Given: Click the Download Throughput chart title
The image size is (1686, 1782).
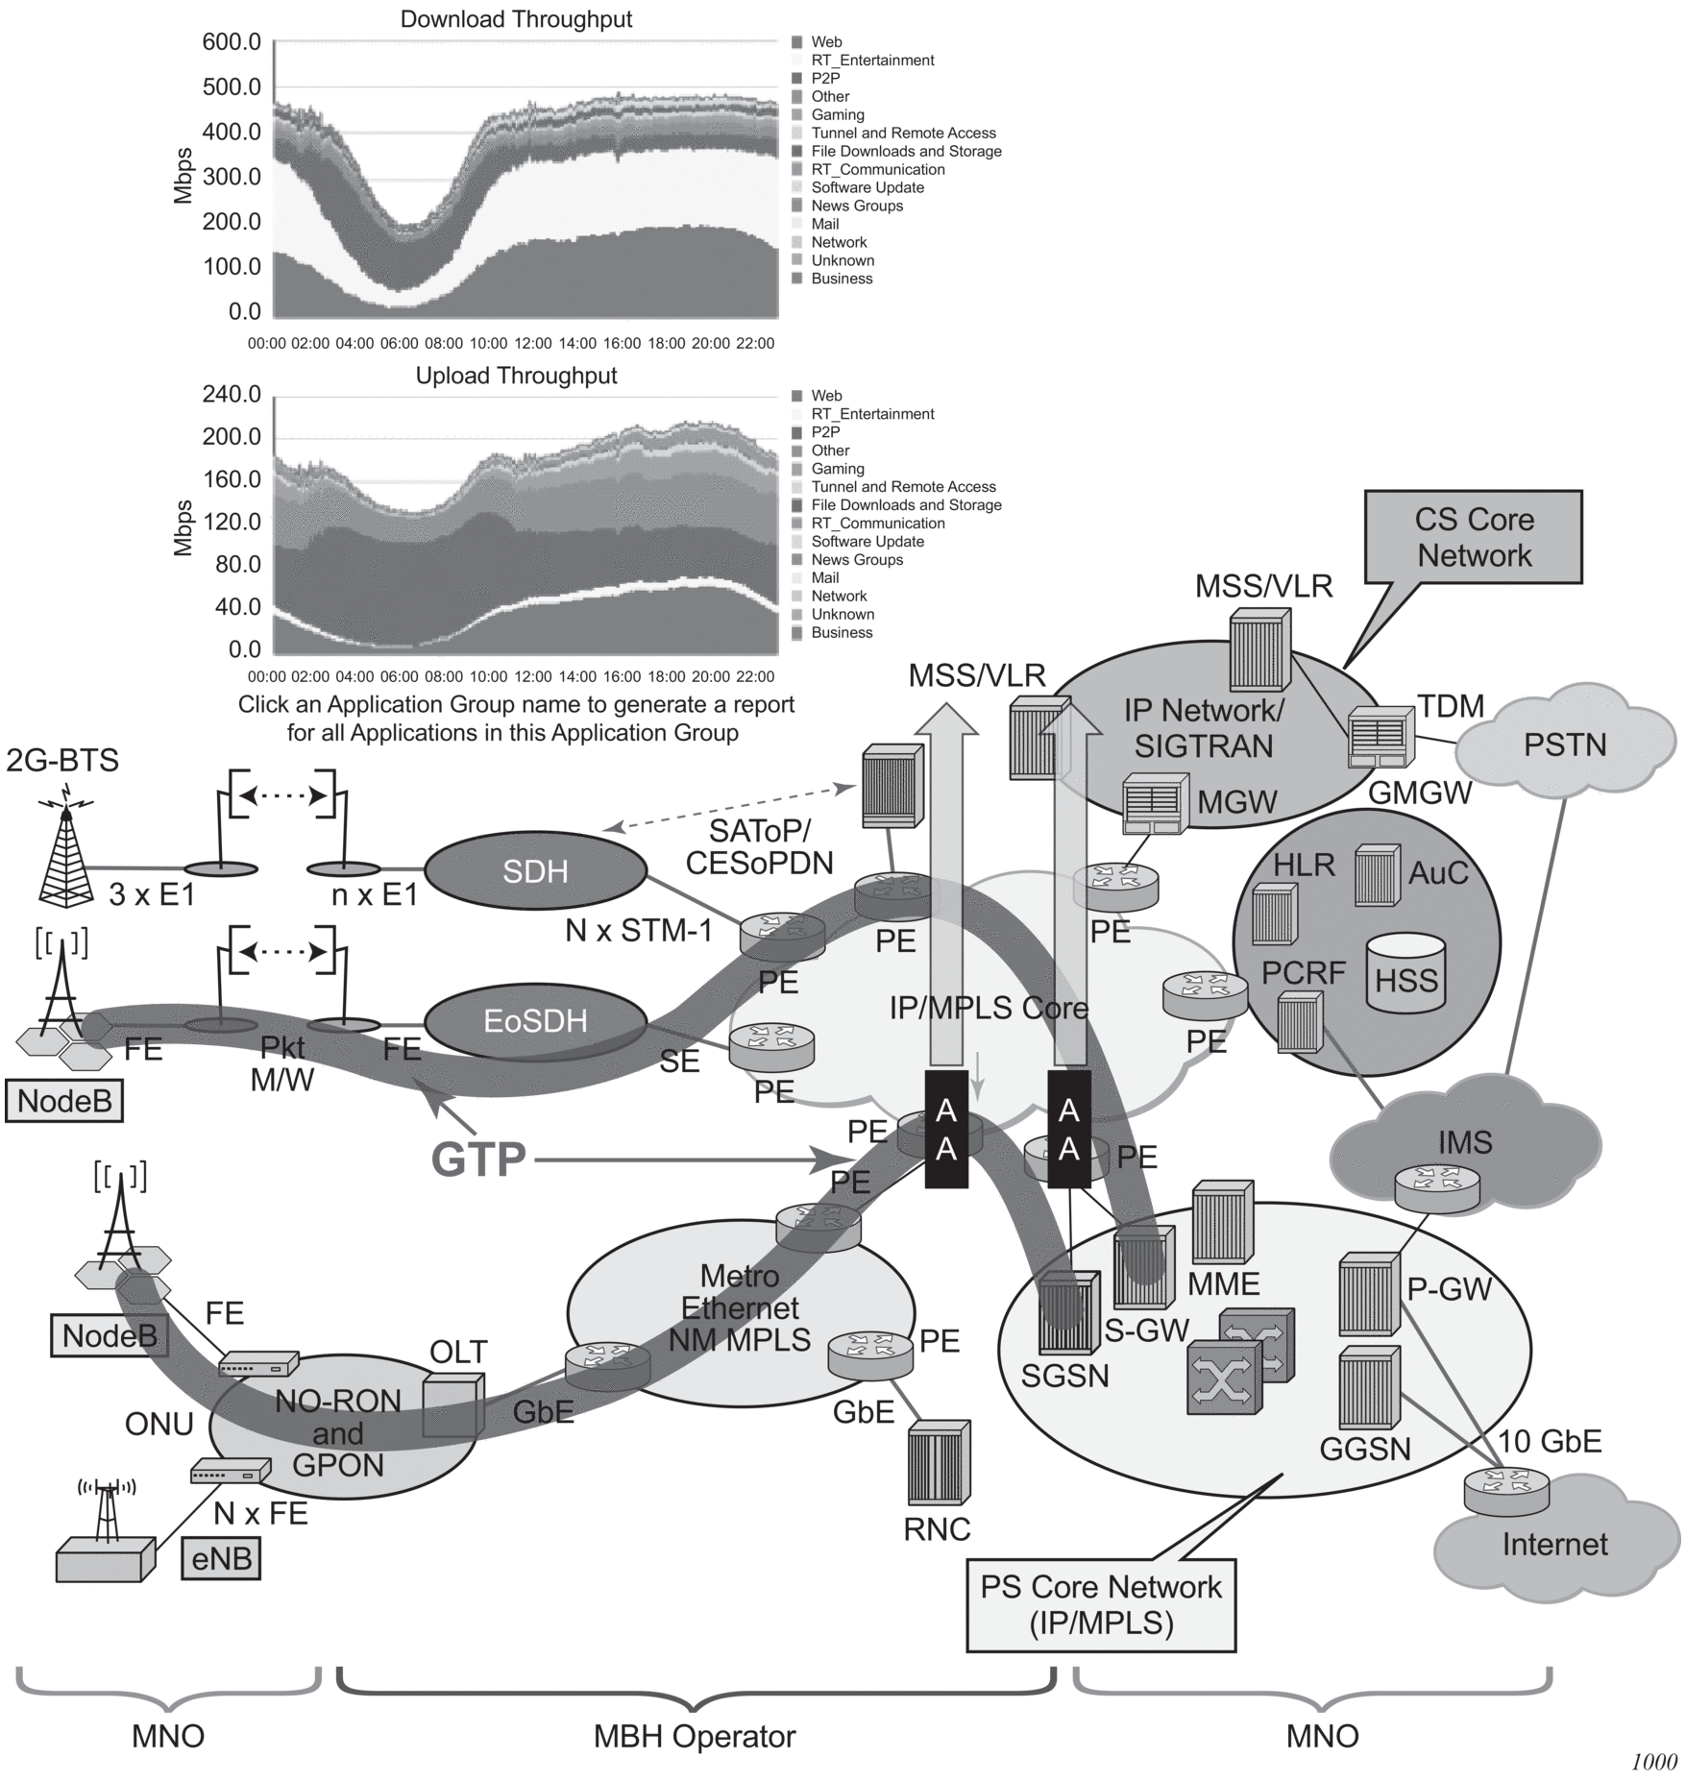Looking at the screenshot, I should pos(516,19).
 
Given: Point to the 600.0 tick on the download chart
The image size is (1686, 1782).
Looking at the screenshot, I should pos(232,42).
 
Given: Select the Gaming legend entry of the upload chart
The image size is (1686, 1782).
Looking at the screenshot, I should pos(837,469).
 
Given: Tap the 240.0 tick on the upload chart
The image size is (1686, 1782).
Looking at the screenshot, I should pos(232,395).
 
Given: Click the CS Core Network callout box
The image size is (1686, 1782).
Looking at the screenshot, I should pos(1474,538).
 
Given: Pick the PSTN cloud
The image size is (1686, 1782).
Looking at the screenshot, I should pos(1564,745).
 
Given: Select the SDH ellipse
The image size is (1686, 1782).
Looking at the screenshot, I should pos(535,871).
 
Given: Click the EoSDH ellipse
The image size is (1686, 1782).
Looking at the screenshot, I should pos(535,1020).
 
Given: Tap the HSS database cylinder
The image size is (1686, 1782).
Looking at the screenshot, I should pos(1406,973).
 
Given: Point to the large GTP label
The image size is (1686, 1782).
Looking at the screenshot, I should pos(478,1160).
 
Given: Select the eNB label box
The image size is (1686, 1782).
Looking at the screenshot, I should pos(221,1558).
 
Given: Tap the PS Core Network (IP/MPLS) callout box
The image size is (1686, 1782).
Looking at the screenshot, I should pos(1100,1605).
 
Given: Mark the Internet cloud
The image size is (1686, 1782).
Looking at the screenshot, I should pos(1553,1545).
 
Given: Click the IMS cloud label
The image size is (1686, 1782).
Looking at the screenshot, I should pos(1464,1142).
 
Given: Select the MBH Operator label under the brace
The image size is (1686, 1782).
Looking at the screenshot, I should pos(695,1737).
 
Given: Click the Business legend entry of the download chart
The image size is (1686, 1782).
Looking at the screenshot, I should pos(841,279).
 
